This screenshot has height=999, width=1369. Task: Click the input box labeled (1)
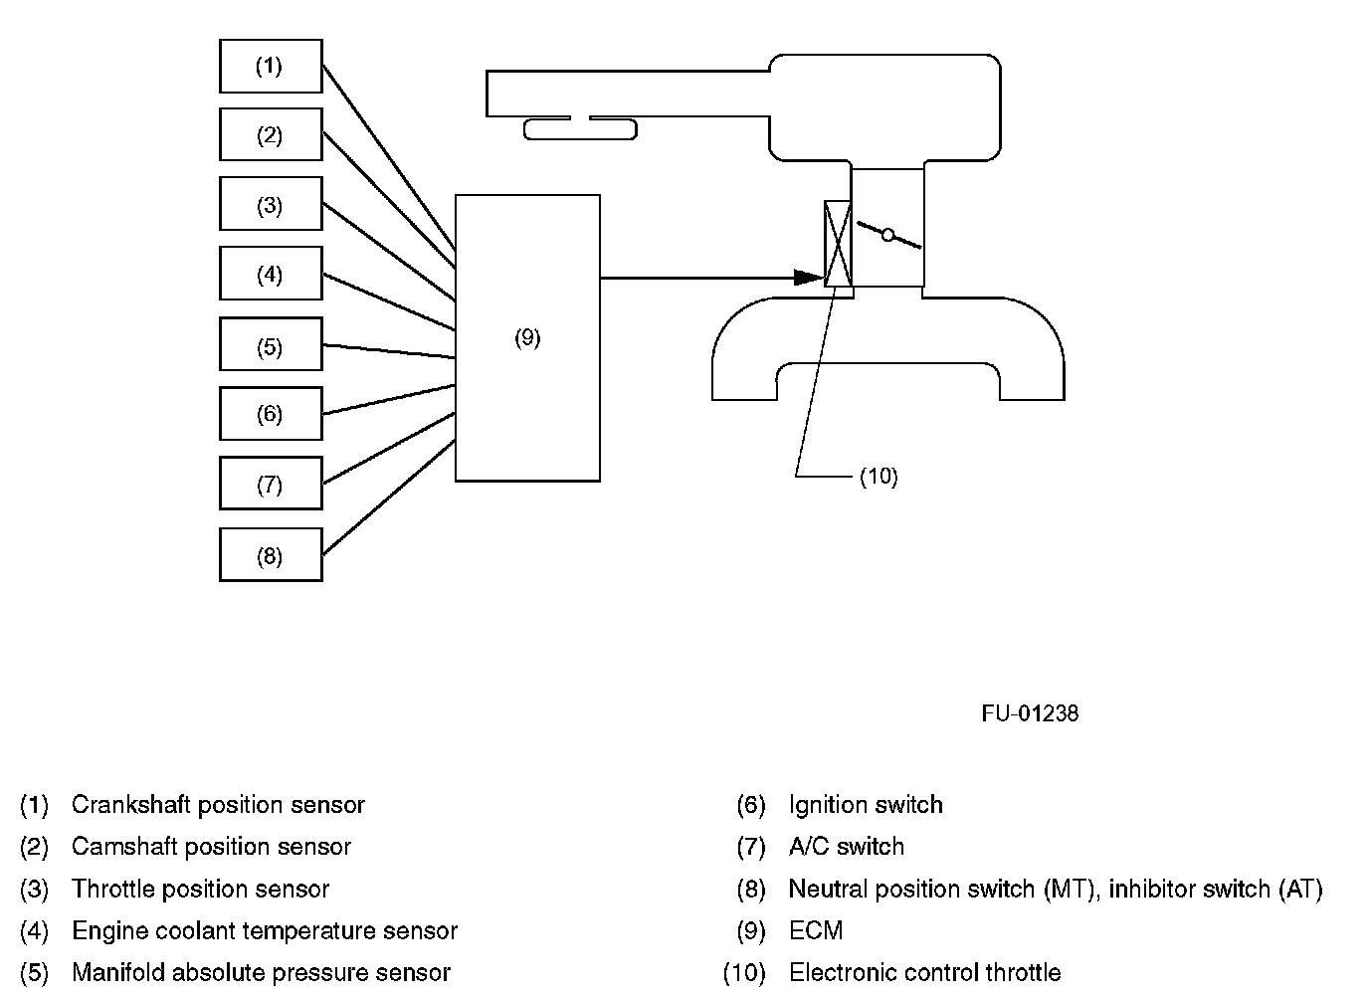(271, 66)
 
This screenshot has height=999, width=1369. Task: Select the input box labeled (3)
(271, 204)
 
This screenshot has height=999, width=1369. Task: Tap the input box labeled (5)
(271, 343)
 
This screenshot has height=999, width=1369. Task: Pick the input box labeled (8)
(271, 554)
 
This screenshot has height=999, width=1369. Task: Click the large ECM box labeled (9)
(527, 338)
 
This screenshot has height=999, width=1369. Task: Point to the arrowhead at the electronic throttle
(809, 278)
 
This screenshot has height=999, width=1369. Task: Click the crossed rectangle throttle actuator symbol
(838, 244)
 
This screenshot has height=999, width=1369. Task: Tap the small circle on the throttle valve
(888, 235)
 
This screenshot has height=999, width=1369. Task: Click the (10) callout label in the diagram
(879, 477)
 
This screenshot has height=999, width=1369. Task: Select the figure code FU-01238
(1030, 713)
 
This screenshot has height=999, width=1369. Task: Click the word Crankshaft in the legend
(130, 805)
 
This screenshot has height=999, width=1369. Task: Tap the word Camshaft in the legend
(124, 847)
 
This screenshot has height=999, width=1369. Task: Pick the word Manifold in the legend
(118, 973)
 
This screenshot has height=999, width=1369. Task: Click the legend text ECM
(816, 930)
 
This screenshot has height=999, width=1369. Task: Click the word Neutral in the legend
(829, 889)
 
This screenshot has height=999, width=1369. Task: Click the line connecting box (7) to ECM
(389, 448)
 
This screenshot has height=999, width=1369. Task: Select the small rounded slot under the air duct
(581, 129)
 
